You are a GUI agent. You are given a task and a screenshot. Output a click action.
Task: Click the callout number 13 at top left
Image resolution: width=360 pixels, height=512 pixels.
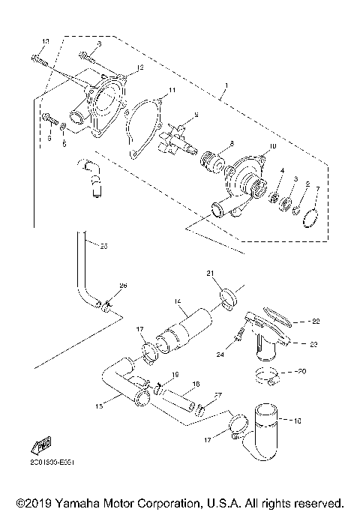click(46, 40)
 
